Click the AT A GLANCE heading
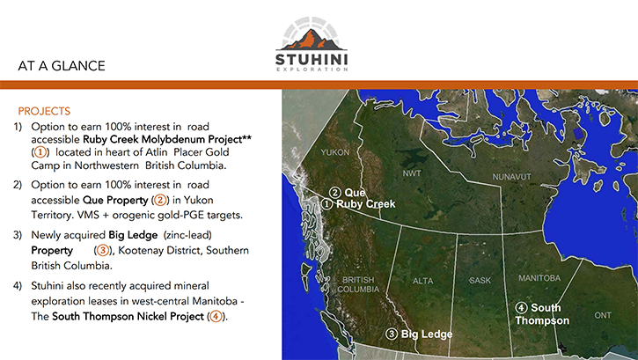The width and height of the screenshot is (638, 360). pos(62,66)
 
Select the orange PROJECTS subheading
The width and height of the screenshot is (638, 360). pos(44,111)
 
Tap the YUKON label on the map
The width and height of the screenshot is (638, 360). pos(335,152)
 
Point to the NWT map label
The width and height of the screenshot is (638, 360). pos(412,173)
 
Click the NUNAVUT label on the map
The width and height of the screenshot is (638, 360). pos(512,177)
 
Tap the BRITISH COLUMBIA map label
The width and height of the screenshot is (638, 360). pos(358,284)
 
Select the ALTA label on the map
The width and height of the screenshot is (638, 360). pos(422,281)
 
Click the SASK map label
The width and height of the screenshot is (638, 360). pos(480,281)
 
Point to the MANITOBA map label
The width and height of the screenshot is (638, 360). pos(539,278)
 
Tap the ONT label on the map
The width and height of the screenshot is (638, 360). pos(603,315)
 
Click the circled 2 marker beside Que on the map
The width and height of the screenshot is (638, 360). pos(335,193)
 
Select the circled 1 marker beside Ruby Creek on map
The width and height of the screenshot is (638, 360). pos(326,204)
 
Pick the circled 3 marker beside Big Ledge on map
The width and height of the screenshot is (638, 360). pos(392,334)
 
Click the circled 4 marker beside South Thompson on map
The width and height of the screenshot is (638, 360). pos(521,308)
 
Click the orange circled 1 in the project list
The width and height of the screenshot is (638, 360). pos(40,152)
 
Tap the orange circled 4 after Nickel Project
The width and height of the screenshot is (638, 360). pos(216,317)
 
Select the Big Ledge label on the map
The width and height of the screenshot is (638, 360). pos(427,334)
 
